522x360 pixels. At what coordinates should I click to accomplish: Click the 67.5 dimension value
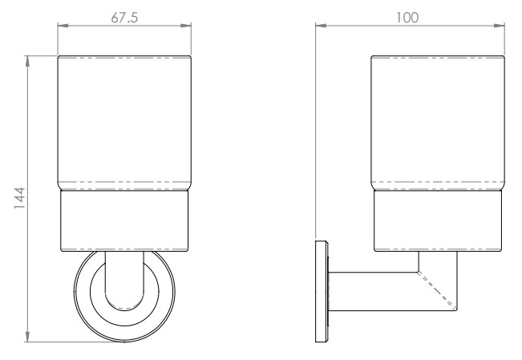124,18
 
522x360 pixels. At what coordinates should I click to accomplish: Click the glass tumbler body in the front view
124,124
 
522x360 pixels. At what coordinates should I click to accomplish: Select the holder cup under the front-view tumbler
124,220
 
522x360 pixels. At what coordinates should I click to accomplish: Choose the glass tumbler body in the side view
437,124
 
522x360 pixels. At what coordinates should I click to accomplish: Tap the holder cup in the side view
437,220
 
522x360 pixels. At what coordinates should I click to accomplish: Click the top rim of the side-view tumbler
437,57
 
